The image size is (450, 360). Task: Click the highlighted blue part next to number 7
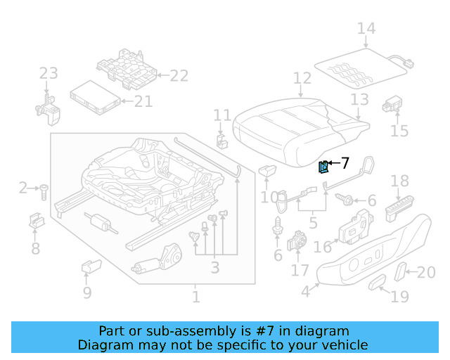pos(323,167)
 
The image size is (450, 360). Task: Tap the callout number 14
pos(366,29)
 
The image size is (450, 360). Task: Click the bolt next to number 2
pos(44,189)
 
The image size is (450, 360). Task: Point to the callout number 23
pos(48,73)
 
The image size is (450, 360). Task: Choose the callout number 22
pos(179,76)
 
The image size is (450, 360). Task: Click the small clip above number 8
pos(35,221)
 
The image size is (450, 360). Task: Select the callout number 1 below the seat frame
pos(195,297)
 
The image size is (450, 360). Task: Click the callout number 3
pos(214,267)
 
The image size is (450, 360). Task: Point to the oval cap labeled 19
pos(378,283)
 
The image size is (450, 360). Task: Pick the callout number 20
pos(426,273)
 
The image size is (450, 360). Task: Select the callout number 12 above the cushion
pos(302,78)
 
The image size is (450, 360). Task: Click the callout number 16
pos(323,247)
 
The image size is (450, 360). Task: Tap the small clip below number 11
pos(222,140)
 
